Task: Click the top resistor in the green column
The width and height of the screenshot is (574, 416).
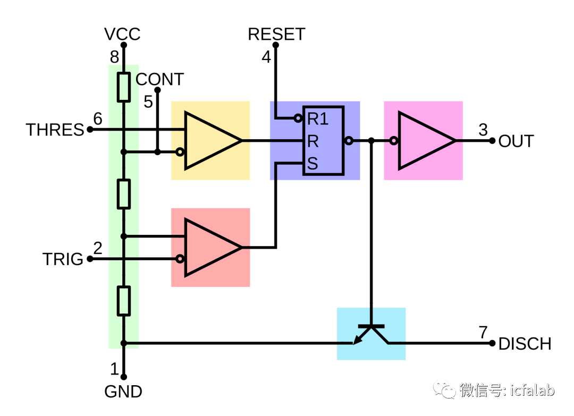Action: pyautogui.click(x=124, y=87)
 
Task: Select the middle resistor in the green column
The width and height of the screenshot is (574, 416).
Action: pyautogui.click(x=124, y=193)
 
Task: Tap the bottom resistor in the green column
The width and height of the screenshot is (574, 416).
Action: pyautogui.click(x=124, y=300)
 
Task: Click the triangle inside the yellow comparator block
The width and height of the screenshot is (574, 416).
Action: pyautogui.click(x=210, y=141)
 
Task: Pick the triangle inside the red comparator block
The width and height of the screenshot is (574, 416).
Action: pyautogui.click(x=210, y=248)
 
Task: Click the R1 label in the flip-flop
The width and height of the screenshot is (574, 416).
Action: pyautogui.click(x=318, y=119)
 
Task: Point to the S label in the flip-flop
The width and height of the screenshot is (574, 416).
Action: pyautogui.click(x=312, y=164)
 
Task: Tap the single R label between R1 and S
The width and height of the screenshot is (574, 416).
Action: pyautogui.click(x=313, y=141)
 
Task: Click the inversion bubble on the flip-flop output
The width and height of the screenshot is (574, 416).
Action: pyautogui.click(x=349, y=141)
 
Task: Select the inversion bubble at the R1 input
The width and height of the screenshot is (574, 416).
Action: pyautogui.click(x=298, y=118)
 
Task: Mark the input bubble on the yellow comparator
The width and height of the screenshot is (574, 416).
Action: pyautogui.click(x=180, y=152)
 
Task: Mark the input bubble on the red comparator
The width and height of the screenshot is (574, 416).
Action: pyautogui.click(x=180, y=259)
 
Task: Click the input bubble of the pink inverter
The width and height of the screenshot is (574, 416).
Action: pyautogui.click(x=394, y=141)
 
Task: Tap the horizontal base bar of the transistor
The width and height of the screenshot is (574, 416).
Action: pyautogui.click(x=371, y=326)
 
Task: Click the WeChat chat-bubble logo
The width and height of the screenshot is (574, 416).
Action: pyautogui.click(x=444, y=389)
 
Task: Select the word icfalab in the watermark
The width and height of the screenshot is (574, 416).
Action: pyautogui.click(x=532, y=390)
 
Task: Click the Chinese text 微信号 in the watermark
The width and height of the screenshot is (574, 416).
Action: pyautogui.click(x=480, y=390)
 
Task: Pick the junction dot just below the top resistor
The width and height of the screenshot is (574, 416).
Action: pyautogui.click(x=124, y=152)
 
